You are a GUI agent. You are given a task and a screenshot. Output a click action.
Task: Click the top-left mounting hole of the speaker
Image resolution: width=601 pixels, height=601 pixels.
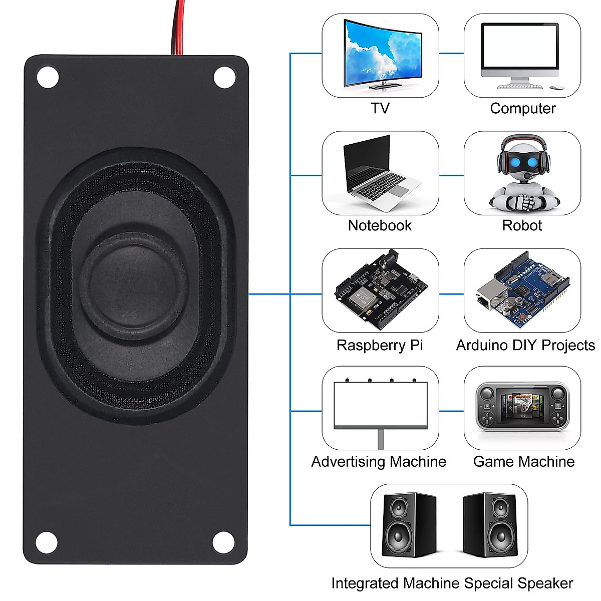click(48, 78)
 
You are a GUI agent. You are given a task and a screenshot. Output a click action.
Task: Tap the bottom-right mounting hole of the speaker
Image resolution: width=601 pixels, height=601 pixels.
click(224, 542)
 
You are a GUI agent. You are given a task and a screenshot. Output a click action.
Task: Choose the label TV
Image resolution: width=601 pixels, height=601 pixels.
click(380, 108)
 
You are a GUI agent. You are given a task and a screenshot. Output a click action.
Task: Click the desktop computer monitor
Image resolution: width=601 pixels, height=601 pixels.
click(520, 49)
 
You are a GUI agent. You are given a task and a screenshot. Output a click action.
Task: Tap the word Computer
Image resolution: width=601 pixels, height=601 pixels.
click(522, 108)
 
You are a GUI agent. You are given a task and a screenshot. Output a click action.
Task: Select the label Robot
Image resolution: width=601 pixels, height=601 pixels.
click(522, 225)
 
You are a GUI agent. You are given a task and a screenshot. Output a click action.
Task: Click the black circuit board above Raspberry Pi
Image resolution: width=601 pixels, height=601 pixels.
click(381, 290)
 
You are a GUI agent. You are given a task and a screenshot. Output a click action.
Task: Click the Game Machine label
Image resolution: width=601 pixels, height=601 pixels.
click(524, 461)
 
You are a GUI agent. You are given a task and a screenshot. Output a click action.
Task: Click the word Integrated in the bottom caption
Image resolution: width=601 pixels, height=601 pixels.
click(365, 583)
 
